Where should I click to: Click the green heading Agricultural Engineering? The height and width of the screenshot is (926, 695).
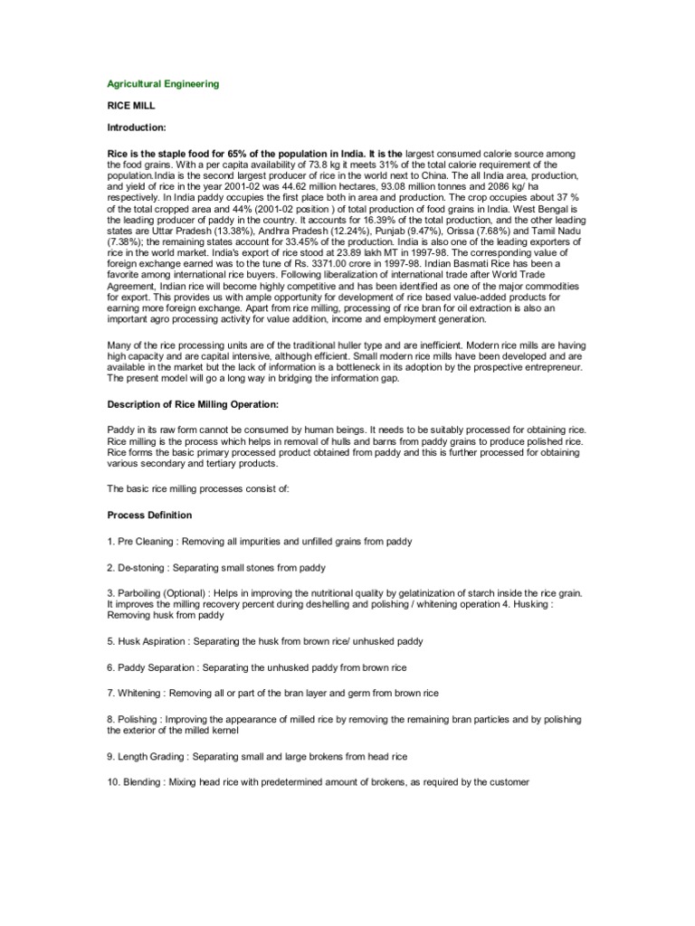point(163,84)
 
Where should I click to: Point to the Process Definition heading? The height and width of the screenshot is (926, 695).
point(149,515)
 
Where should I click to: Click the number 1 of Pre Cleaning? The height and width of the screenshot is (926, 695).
point(109,541)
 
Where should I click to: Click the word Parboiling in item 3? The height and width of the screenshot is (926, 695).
point(141,593)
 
